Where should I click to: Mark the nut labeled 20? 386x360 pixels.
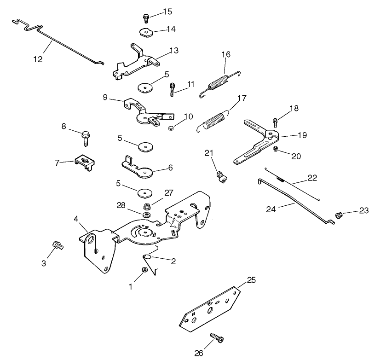tap(274, 149)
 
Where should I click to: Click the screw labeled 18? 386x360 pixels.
tap(276, 122)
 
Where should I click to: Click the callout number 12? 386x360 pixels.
tap(38, 59)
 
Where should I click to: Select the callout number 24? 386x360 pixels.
tap(272, 209)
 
